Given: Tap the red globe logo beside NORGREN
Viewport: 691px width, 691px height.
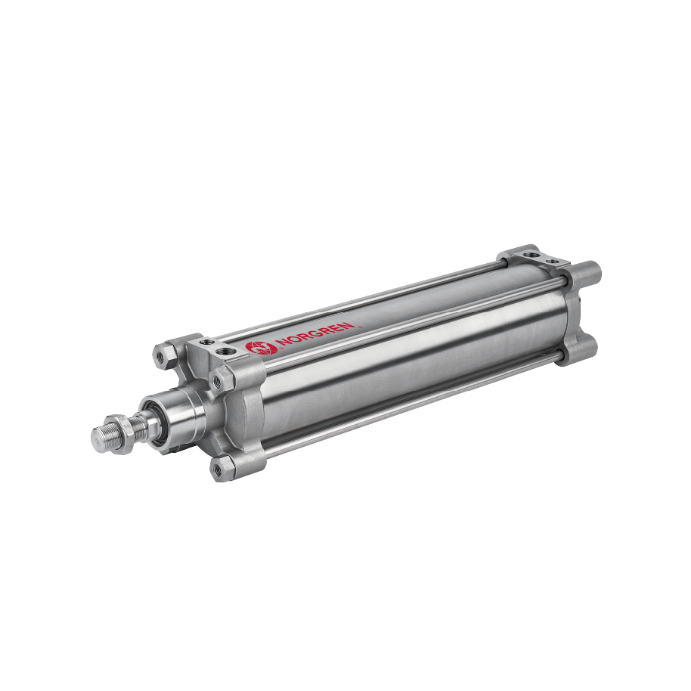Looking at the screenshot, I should [x=256, y=348].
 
